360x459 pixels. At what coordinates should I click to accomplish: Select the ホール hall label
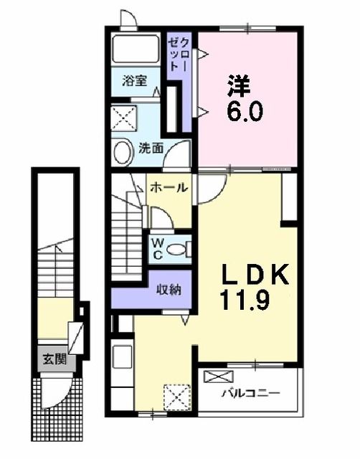[169, 188]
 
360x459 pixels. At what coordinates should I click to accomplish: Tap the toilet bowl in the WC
[184, 248]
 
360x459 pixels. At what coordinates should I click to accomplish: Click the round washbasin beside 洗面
[121, 151]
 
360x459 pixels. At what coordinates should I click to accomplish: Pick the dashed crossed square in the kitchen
[175, 396]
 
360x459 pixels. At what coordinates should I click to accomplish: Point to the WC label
[157, 248]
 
